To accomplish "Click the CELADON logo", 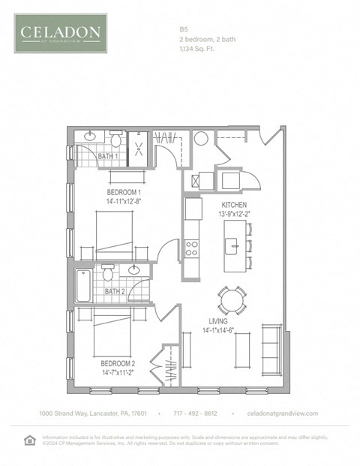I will [60, 33].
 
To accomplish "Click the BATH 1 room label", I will [108, 156].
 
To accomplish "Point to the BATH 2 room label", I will [114, 291].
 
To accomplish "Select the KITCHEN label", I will [233, 205].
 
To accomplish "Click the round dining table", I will [231, 300].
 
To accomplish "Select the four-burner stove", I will [193, 248].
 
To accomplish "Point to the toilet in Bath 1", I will [116, 140].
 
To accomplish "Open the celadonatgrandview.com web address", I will [283, 413].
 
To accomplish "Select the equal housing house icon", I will [29, 440].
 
